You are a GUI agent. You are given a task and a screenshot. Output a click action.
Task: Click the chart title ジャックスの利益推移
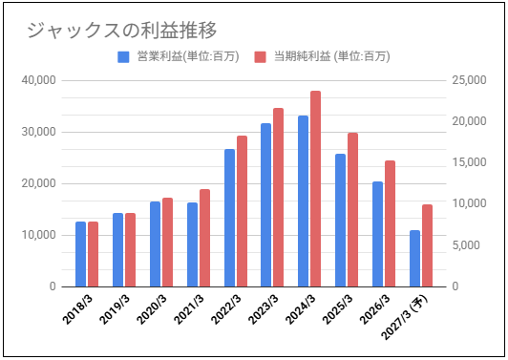(121, 31)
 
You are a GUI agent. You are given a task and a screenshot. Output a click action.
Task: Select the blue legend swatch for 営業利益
(123, 57)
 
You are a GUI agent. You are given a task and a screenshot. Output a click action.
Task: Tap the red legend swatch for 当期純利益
(260, 57)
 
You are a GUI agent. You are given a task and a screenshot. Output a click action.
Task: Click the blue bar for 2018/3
(80, 254)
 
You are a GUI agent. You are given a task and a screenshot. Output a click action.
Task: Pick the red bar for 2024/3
(315, 189)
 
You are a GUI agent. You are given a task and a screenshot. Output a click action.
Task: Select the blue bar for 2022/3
(229, 218)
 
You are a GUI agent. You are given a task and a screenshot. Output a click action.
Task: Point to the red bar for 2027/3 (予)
(427, 245)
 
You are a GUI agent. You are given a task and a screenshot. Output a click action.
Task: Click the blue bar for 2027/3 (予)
(414, 259)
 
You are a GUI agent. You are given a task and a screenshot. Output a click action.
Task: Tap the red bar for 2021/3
(204, 238)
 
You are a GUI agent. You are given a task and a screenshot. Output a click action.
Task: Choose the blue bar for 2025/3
(341, 221)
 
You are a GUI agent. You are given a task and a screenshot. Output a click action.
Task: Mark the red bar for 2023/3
(278, 198)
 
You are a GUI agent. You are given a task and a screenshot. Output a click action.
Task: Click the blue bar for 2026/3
(377, 234)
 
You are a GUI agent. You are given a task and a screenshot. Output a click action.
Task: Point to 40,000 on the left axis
(38, 80)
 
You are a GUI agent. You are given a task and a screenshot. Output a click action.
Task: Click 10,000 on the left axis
(38, 235)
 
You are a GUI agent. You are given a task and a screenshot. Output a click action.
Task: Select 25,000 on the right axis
(469, 80)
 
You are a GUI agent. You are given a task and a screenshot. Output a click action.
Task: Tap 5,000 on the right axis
(466, 245)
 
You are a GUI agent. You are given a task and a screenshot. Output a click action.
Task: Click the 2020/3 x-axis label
(152, 309)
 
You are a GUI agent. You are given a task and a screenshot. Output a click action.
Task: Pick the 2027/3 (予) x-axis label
(405, 318)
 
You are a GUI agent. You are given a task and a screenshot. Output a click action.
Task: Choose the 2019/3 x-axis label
(115, 309)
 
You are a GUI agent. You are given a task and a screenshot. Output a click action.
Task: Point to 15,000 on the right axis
(469, 162)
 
